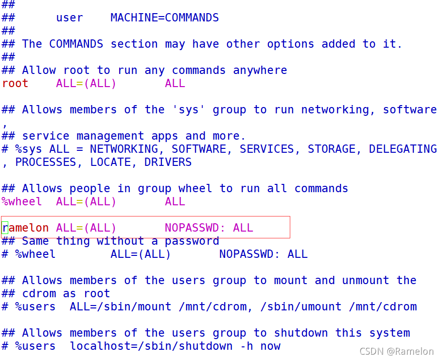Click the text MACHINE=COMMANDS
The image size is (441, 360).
164,18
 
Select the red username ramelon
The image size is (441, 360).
26,228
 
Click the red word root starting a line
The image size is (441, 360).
15,83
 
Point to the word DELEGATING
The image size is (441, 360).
403,149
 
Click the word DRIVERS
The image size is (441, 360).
168,162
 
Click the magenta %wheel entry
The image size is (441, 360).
21,201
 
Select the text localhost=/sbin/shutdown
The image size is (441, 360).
151,346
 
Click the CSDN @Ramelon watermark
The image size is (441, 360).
396,351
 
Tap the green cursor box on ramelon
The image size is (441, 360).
5,228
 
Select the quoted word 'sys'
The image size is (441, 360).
188,109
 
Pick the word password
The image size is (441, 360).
192,241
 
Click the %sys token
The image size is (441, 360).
29,149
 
